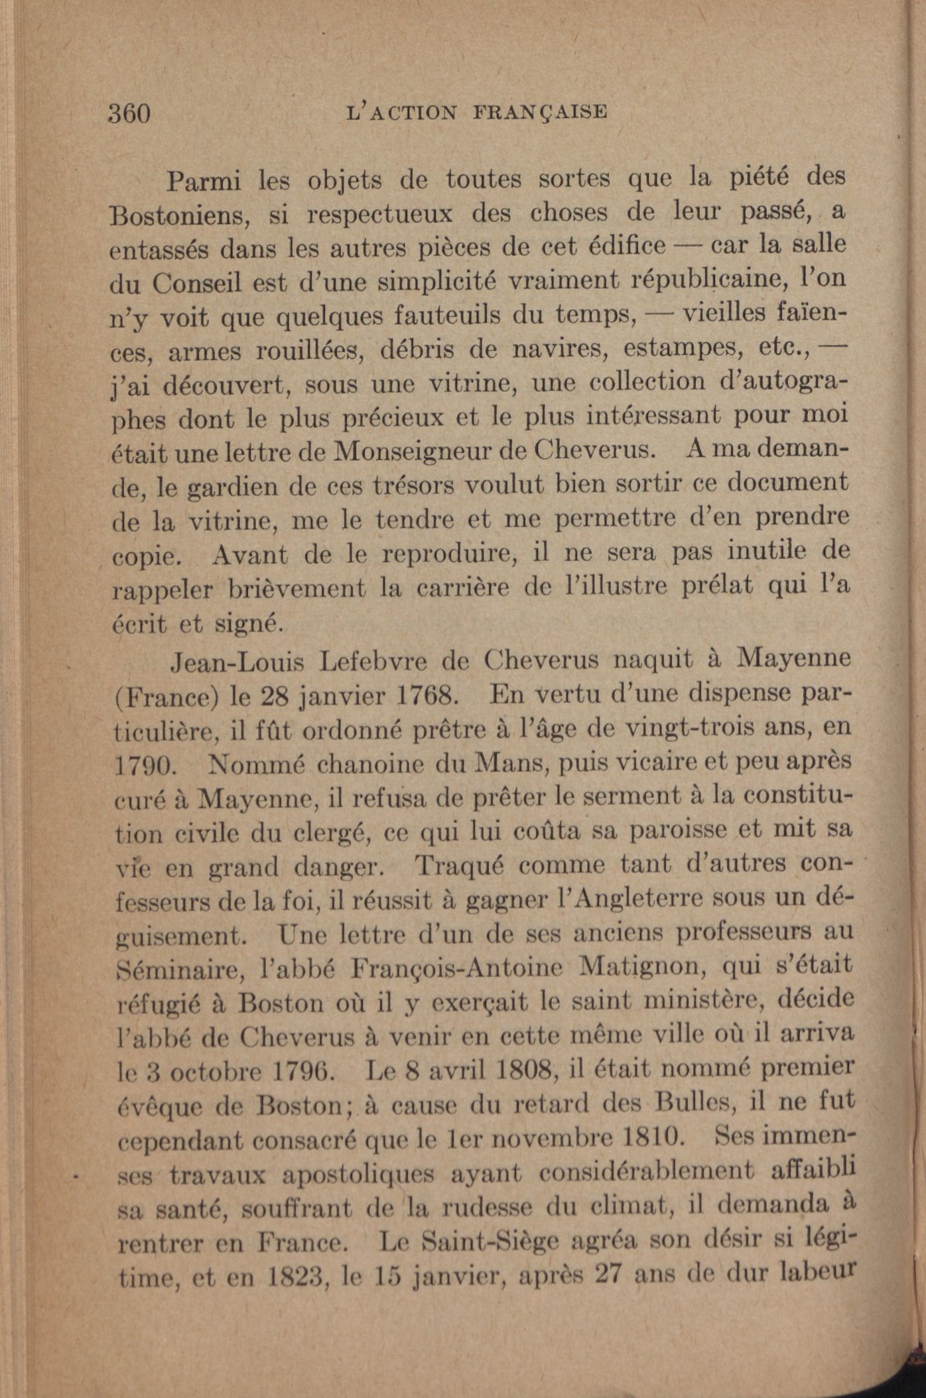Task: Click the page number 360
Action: click(x=130, y=113)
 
